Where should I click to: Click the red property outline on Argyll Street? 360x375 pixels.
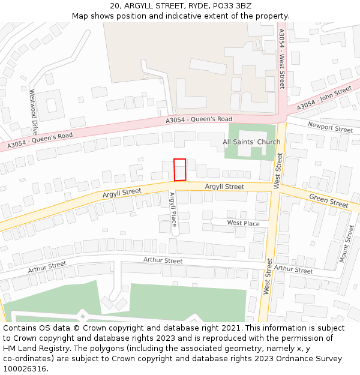[x=179, y=169]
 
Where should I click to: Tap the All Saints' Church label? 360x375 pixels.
[x=251, y=142]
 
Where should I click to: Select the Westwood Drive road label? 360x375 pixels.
[x=34, y=111]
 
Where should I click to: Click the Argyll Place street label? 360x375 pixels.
[x=172, y=213]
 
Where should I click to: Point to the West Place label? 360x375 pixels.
[x=243, y=223]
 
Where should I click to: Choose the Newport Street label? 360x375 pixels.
[x=330, y=127]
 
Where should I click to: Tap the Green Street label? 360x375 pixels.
[x=329, y=201]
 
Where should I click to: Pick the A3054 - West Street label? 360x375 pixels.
[x=281, y=58]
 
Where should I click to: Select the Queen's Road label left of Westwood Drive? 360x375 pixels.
[x=40, y=140]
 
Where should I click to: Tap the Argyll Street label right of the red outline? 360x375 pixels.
[x=224, y=187]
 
